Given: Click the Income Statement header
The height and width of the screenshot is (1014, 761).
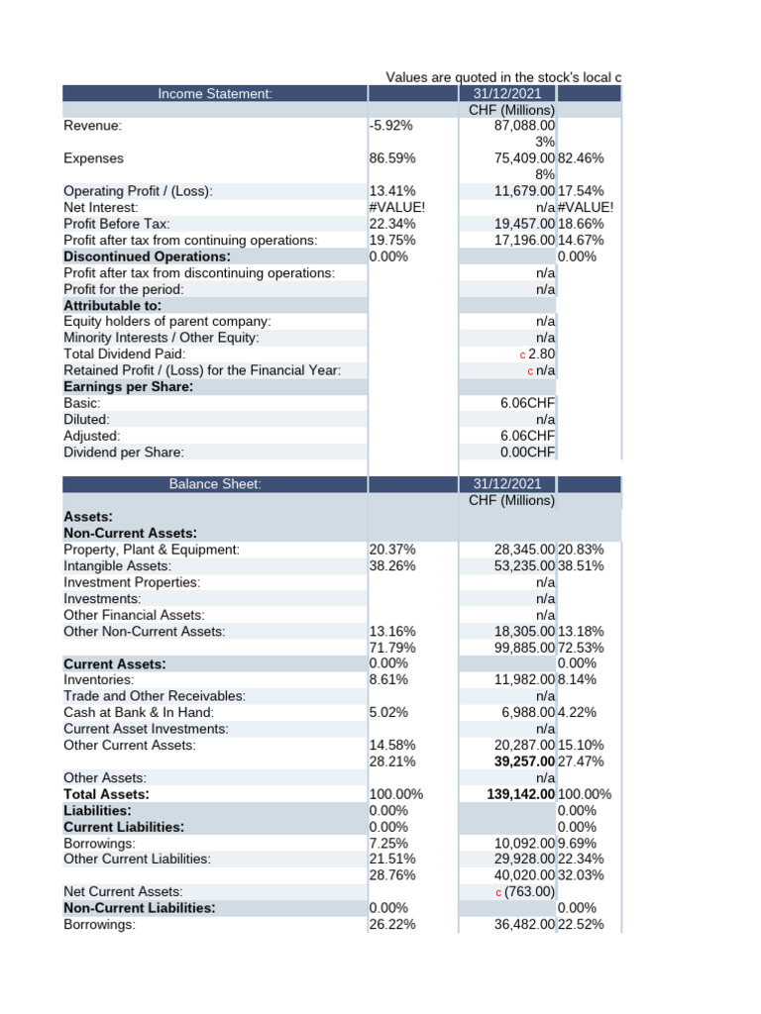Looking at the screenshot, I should [x=214, y=94].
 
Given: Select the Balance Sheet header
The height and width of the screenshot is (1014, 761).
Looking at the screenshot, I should [x=214, y=484].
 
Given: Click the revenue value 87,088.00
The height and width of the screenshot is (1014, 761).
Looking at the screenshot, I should [x=524, y=126].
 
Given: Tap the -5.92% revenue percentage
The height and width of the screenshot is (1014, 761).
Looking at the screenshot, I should [x=390, y=126].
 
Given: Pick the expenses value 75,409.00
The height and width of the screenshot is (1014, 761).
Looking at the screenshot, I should [x=524, y=158].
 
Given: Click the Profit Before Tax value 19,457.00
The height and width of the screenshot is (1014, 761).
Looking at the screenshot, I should [x=524, y=224].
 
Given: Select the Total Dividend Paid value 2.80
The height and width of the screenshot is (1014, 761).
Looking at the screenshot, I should [x=542, y=354].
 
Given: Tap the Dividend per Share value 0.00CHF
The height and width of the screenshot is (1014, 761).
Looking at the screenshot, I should [x=528, y=453].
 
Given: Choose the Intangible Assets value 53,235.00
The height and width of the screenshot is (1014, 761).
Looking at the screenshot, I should [x=524, y=566].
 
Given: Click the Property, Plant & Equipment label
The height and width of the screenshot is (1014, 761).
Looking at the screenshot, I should [x=152, y=550].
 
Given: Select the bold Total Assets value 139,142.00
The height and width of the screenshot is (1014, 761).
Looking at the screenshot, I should [x=521, y=794].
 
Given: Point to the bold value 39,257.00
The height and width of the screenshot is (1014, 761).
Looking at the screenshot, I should [x=524, y=761].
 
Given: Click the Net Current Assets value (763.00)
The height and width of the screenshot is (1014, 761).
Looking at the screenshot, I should [x=531, y=891].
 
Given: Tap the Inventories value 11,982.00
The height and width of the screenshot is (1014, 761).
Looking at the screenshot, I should [x=524, y=680].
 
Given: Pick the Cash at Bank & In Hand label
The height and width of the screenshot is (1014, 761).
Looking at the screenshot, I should [x=139, y=712].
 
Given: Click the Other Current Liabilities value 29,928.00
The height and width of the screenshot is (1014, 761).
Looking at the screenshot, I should [x=524, y=860].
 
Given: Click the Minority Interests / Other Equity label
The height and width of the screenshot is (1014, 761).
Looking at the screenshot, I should [x=161, y=338].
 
